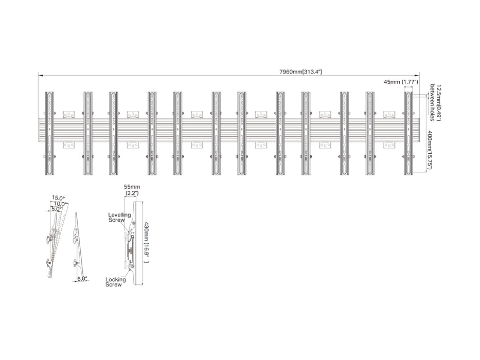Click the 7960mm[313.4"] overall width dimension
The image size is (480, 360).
(300, 72)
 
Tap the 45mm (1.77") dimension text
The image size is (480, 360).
(401, 82)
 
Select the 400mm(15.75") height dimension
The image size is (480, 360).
(429, 149)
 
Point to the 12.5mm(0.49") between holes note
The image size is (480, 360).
(436, 102)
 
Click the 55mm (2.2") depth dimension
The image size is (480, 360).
(132, 190)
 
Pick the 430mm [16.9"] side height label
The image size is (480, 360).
(146, 242)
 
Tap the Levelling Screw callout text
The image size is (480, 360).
(119, 218)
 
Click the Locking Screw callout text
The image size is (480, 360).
(115, 282)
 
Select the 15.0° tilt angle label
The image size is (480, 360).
(58, 198)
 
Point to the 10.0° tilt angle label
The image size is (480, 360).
(61, 204)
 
